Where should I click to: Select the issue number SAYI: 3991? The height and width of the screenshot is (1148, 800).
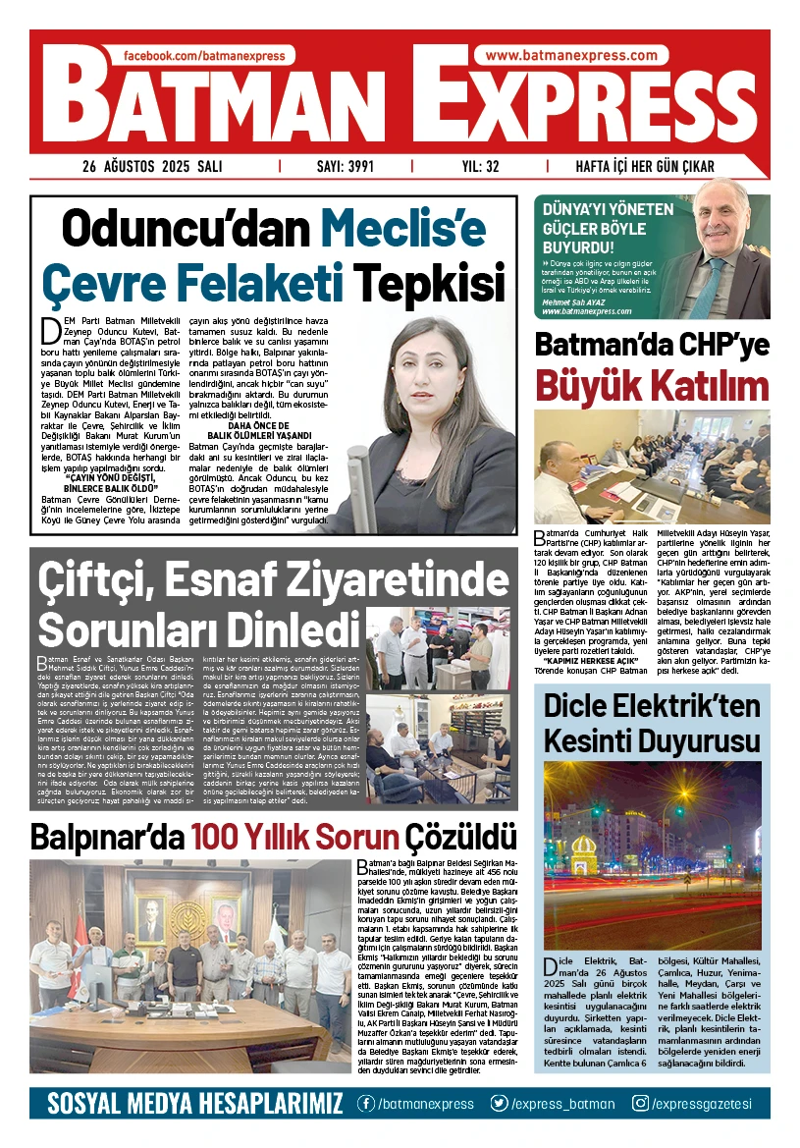click(x=346, y=167)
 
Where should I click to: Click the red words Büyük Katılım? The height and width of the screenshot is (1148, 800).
click(x=652, y=385)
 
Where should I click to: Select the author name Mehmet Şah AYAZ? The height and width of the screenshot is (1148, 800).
click(x=577, y=301)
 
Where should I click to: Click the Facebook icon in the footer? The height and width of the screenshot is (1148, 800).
click(x=365, y=1104)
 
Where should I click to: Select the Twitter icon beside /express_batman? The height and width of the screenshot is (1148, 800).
click(x=500, y=1104)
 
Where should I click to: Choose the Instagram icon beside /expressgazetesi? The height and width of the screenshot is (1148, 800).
click(x=640, y=1104)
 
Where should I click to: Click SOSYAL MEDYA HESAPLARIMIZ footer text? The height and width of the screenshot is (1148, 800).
click(x=195, y=1104)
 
